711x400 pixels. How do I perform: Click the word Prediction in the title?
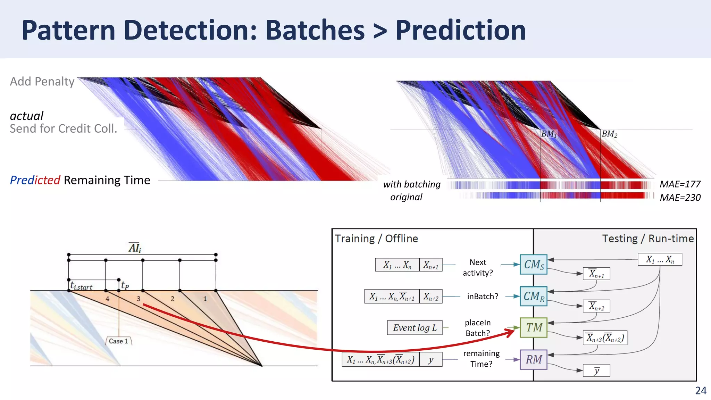[x=460, y=31]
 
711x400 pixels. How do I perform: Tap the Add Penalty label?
[x=42, y=82]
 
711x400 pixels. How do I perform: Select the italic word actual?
[x=26, y=116]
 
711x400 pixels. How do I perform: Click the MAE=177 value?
[x=680, y=184]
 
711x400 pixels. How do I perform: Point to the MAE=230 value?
[x=680, y=198]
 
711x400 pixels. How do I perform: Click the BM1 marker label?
[x=549, y=134]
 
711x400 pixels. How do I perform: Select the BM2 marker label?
[x=609, y=134]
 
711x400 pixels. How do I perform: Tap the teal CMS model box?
[x=533, y=265]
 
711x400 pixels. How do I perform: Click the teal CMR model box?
[x=533, y=296]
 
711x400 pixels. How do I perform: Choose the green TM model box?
[x=533, y=327]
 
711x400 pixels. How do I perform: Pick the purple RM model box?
[x=533, y=359]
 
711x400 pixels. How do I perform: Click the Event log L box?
[x=415, y=328]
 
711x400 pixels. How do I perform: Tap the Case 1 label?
[x=118, y=341]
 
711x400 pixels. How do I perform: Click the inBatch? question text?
[x=482, y=297]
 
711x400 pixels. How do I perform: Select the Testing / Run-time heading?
[x=647, y=239]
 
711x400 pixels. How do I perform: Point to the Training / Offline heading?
[x=376, y=239]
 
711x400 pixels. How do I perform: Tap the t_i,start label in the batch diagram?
[x=81, y=286]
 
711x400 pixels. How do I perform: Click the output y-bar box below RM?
[x=596, y=370]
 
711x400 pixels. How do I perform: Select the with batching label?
[x=412, y=184]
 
